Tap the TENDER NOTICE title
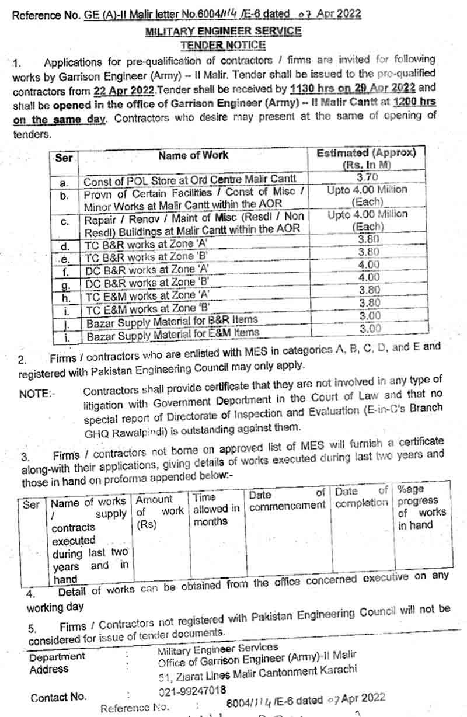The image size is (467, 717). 224,45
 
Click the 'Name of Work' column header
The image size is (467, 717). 193,156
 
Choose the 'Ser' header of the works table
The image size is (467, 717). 64,158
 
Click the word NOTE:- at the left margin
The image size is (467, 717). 36,394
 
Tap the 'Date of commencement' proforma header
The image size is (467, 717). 287,499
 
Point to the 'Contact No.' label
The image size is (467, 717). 58,697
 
